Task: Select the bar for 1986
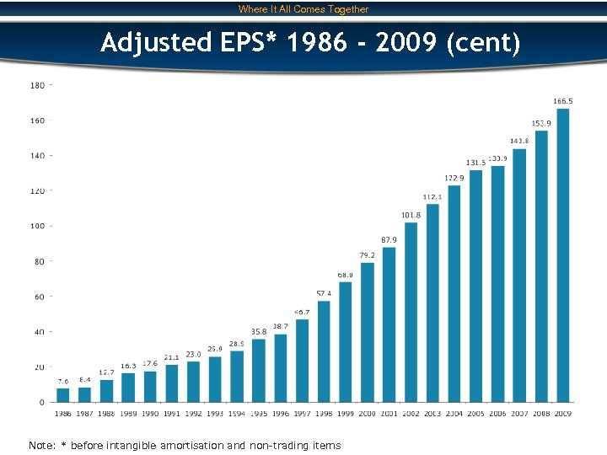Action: coord(63,395)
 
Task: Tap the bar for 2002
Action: coord(411,312)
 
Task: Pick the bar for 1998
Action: coord(324,351)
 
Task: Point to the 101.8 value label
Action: coord(411,215)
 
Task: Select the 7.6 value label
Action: coord(63,382)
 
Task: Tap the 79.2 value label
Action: coord(368,255)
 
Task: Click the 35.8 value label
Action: coord(259,332)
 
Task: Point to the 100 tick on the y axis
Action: coord(38,226)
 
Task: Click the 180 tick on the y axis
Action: coord(38,85)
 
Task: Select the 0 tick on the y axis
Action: coord(42,403)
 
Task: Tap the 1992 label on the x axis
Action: coord(193,414)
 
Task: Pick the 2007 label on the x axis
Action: coord(519,414)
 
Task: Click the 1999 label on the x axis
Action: coord(346,414)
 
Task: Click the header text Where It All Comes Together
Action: coord(303,9)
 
